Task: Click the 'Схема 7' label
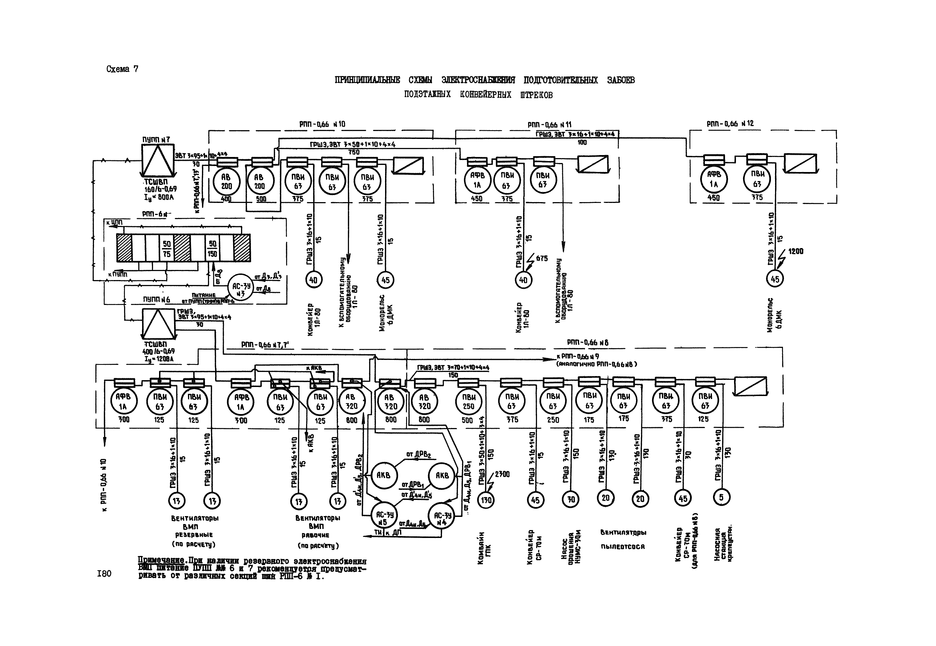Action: (x=122, y=69)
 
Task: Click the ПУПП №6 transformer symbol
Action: (x=158, y=324)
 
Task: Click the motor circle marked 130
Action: (x=486, y=500)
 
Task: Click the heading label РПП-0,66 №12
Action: (x=730, y=123)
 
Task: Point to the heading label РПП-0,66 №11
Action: (x=549, y=125)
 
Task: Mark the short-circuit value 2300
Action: (x=502, y=474)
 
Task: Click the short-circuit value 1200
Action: (x=795, y=251)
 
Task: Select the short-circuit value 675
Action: (x=542, y=258)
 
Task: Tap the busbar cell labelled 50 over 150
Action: (x=212, y=249)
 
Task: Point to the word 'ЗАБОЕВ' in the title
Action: (x=621, y=80)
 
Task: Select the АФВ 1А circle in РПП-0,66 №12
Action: (x=714, y=179)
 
